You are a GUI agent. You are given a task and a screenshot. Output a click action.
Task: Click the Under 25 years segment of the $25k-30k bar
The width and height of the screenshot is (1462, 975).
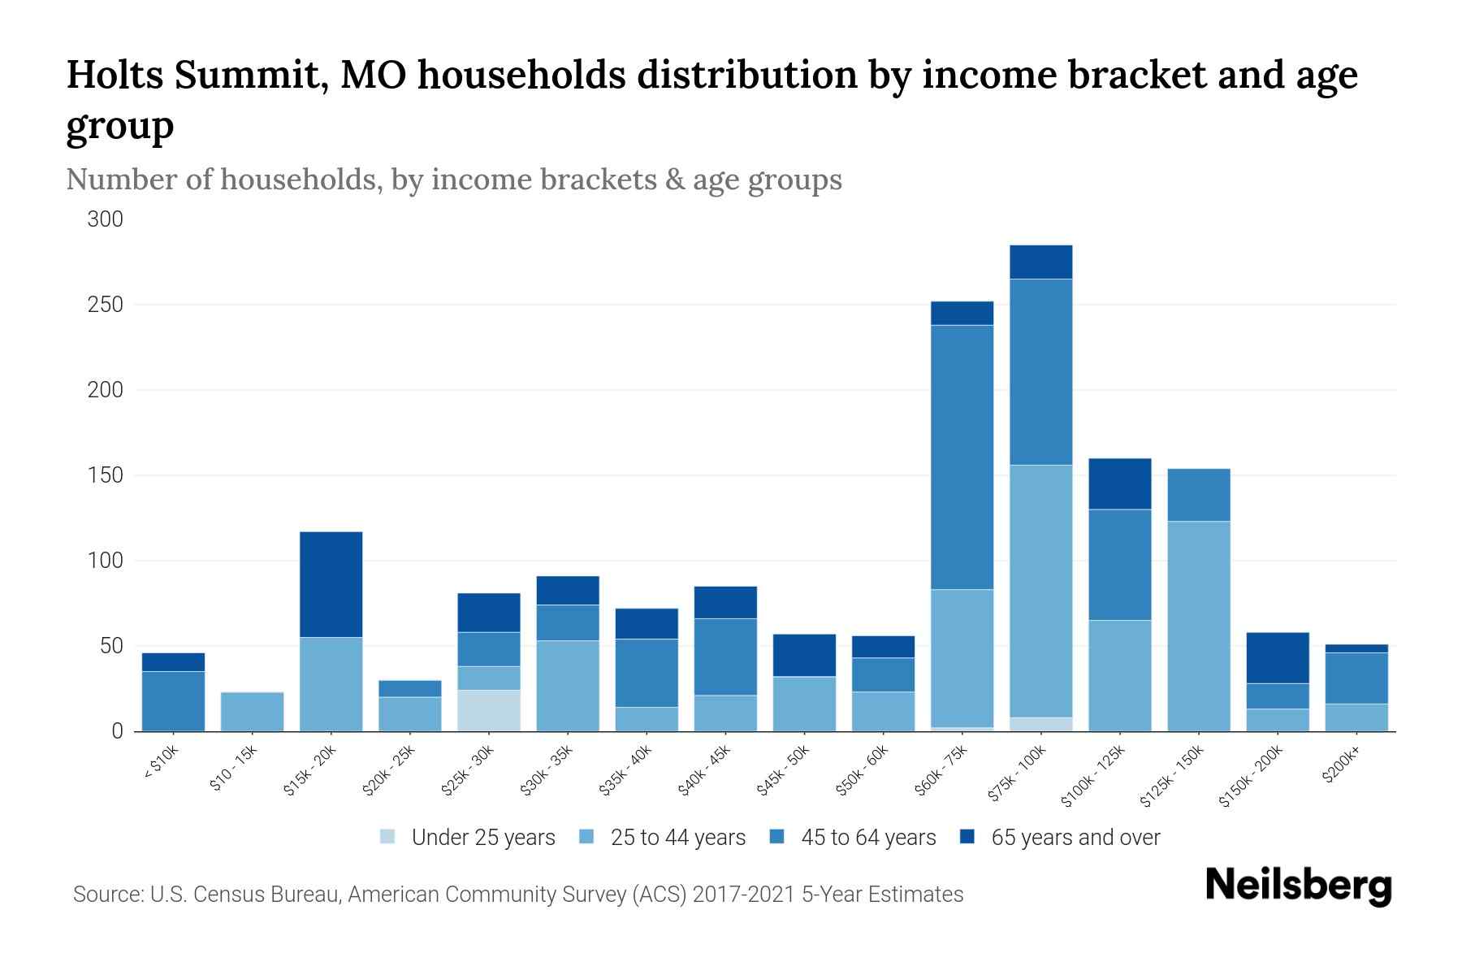click(x=489, y=710)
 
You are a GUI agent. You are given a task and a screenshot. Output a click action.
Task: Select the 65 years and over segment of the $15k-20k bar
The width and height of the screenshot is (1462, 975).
click(x=331, y=584)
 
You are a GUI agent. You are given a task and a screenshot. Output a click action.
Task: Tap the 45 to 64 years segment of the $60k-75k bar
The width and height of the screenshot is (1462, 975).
click(x=962, y=457)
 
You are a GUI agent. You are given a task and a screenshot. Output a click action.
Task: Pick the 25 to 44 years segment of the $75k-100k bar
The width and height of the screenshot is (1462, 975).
click(x=1040, y=591)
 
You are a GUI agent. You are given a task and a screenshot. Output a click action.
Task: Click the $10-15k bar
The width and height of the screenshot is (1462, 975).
click(x=253, y=712)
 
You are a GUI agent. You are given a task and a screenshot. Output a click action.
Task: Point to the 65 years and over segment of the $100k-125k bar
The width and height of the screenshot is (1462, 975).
click(x=1120, y=484)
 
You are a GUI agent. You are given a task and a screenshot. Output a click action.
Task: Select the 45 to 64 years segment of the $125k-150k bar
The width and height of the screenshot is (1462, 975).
click(x=1199, y=495)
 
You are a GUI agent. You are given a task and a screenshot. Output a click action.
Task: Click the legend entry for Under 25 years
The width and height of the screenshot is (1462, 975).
click(x=482, y=838)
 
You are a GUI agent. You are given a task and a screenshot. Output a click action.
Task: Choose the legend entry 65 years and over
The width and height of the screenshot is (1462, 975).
click(x=1075, y=838)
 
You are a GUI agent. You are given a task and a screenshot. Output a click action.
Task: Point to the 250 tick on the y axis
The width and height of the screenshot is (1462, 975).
click(x=106, y=305)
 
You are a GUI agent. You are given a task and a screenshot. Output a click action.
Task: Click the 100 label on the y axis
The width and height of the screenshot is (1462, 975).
click(x=106, y=561)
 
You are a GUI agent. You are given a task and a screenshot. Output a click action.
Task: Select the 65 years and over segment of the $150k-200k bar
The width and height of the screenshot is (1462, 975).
click(x=1278, y=658)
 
